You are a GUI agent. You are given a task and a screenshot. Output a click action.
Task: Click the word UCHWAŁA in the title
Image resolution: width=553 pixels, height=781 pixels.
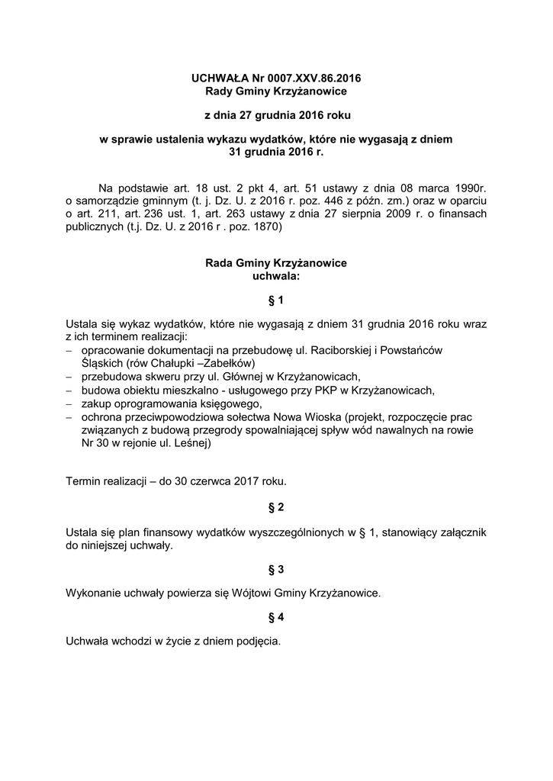tap(219, 78)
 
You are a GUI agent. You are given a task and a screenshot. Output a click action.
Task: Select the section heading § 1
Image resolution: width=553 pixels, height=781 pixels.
tap(276, 301)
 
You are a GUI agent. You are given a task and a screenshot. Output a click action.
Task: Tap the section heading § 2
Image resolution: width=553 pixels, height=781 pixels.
tap(276, 506)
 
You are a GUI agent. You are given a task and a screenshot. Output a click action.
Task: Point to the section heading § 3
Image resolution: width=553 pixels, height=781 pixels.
tap(276, 569)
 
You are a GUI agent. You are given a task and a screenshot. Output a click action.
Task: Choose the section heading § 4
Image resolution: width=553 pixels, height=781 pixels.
tap(276, 618)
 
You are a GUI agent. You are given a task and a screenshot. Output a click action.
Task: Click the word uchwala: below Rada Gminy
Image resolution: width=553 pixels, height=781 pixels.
tap(276, 276)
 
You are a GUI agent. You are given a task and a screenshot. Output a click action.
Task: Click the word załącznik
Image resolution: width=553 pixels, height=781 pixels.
tap(459, 531)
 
